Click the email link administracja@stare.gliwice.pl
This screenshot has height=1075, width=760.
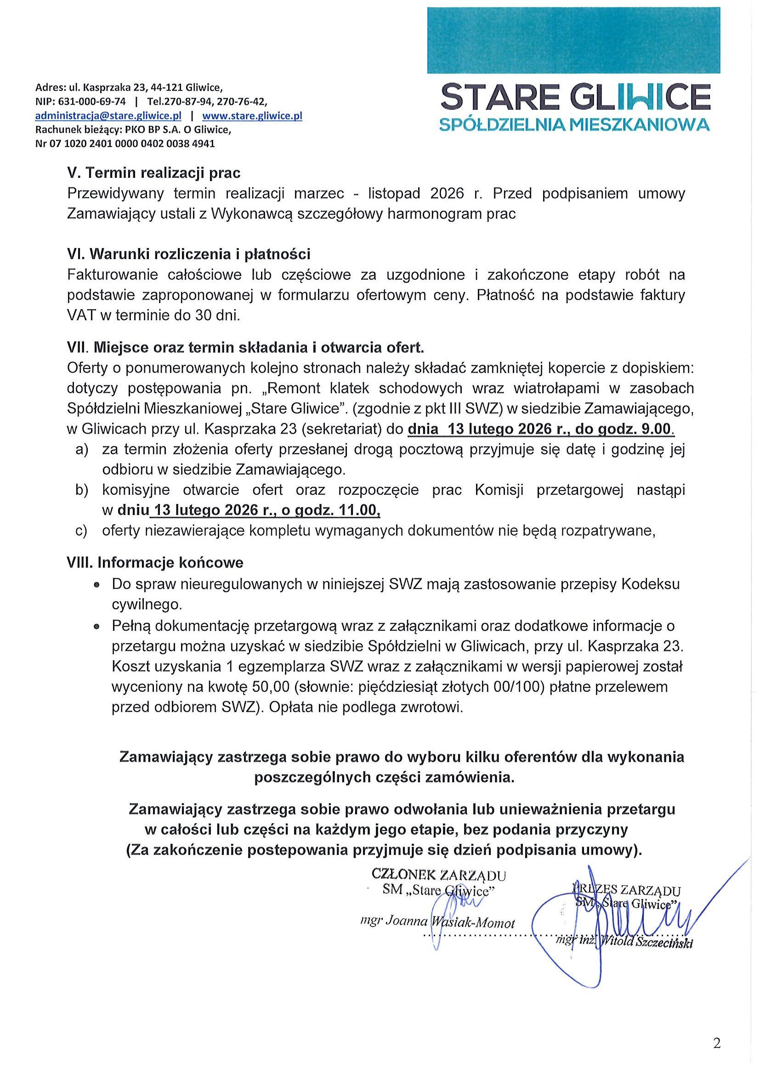click(108, 116)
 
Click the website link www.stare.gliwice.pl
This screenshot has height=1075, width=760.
click(252, 116)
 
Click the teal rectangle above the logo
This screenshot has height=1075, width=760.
click(573, 40)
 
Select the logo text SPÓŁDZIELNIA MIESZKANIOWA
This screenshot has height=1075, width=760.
click(575, 124)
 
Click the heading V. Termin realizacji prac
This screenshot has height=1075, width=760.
click(154, 173)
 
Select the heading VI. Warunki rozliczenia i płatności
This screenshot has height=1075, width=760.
click(189, 254)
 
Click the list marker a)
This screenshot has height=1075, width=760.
click(82, 449)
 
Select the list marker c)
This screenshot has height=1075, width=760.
click(82, 531)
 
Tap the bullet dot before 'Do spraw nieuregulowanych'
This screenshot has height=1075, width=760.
click(96, 585)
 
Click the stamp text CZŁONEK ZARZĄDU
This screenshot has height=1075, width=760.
click(438, 875)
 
